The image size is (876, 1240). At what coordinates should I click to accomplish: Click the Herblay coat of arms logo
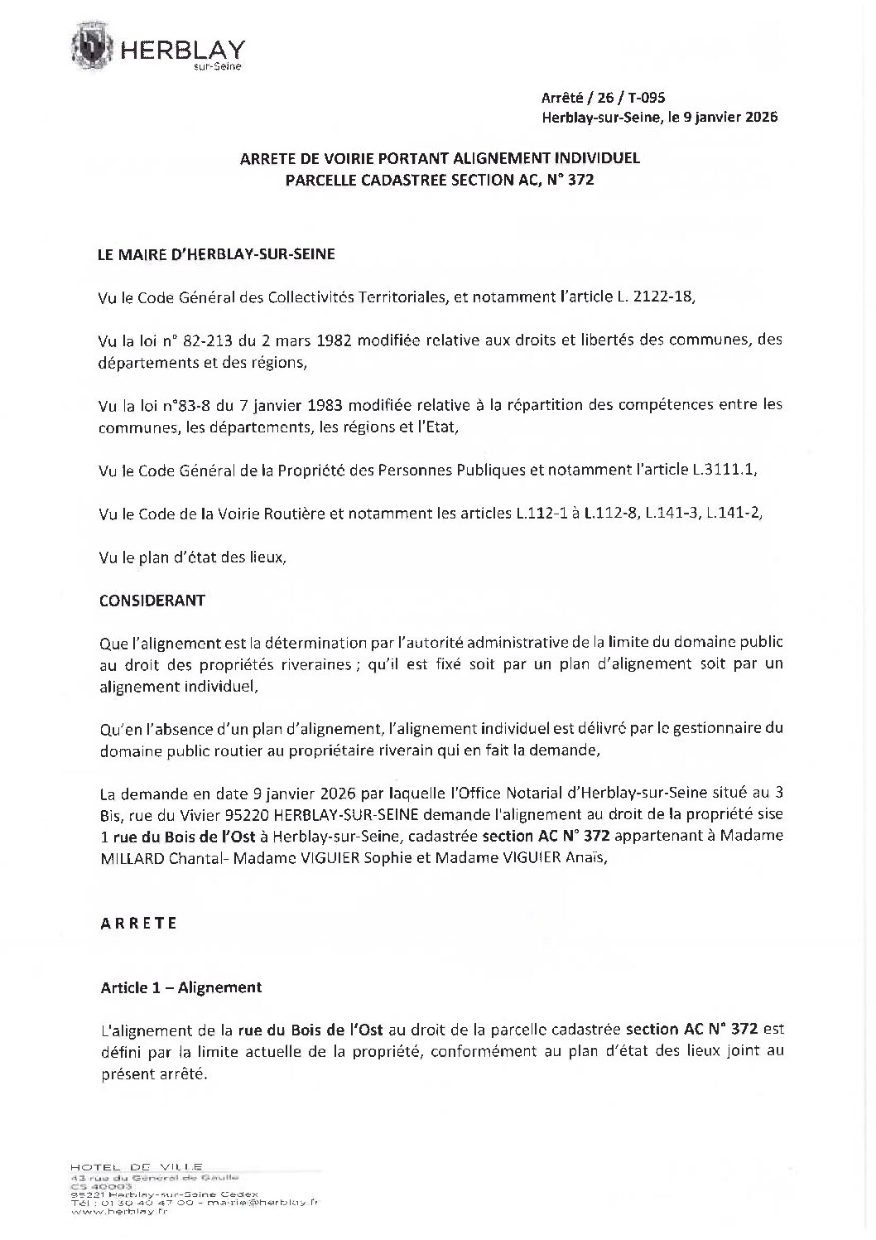point(97,46)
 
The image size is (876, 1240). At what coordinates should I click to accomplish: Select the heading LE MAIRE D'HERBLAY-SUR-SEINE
point(217,255)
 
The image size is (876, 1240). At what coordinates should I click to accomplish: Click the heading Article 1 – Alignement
point(181,987)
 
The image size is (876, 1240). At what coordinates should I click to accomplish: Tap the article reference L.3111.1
point(724,470)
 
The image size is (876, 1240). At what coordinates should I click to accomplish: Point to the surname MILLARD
point(128,858)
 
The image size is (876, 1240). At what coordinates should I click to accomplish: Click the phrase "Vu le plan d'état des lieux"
point(192,557)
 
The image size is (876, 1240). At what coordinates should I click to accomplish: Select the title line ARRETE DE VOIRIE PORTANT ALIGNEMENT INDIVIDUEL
point(440,157)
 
